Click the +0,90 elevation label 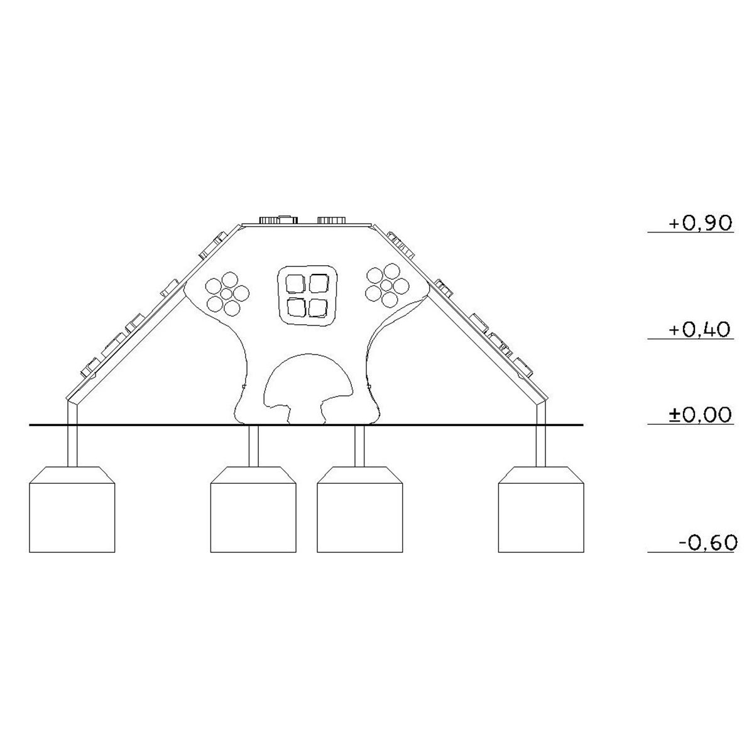(x=700, y=222)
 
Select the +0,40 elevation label (x=699, y=329)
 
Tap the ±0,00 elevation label (x=700, y=415)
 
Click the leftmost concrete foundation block (x=72, y=510)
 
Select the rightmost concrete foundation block (x=541, y=510)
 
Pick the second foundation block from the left (x=253, y=510)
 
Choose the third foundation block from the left (x=359, y=510)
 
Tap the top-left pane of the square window (x=296, y=283)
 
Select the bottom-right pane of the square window (x=318, y=308)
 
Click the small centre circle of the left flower (x=227, y=293)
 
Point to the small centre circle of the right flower (x=386, y=285)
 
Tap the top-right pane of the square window (x=319, y=283)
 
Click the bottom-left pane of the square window (x=296, y=307)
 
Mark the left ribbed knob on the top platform (x=269, y=220)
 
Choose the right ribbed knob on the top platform (x=331, y=220)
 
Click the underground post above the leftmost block (x=72, y=445)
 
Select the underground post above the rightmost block (x=541, y=445)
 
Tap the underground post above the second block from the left (x=254, y=445)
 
